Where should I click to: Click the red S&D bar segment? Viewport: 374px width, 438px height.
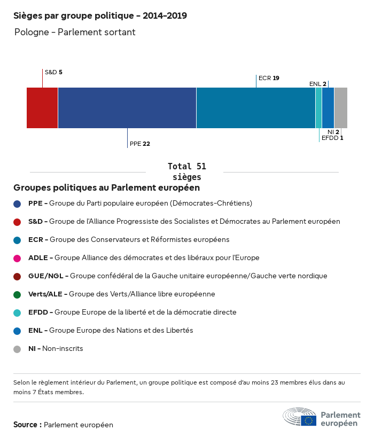click(42, 108)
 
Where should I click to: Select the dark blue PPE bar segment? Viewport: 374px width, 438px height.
click(127, 108)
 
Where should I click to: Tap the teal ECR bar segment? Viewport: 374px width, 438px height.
click(256, 108)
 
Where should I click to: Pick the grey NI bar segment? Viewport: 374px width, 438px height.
click(341, 108)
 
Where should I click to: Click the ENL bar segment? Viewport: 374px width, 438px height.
click(328, 108)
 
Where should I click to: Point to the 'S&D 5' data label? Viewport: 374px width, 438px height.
click(53, 72)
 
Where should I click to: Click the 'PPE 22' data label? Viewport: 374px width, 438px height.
click(140, 144)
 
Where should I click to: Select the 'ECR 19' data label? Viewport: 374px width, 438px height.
click(269, 78)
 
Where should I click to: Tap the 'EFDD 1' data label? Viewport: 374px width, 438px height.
click(332, 138)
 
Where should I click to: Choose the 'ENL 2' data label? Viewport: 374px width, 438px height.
click(318, 84)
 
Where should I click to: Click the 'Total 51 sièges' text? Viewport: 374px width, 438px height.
click(187, 171)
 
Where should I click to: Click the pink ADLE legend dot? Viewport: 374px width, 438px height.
click(17, 258)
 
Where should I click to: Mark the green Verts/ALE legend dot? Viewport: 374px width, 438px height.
click(17, 294)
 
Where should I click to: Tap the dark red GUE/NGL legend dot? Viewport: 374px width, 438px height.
click(17, 276)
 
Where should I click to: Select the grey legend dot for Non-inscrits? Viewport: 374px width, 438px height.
click(17, 349)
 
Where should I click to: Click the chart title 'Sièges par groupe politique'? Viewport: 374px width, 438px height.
click(100, 16)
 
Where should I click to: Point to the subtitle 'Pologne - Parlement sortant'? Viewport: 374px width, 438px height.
click(75, 33)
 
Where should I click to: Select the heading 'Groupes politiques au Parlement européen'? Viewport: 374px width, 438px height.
click(107, 188)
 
